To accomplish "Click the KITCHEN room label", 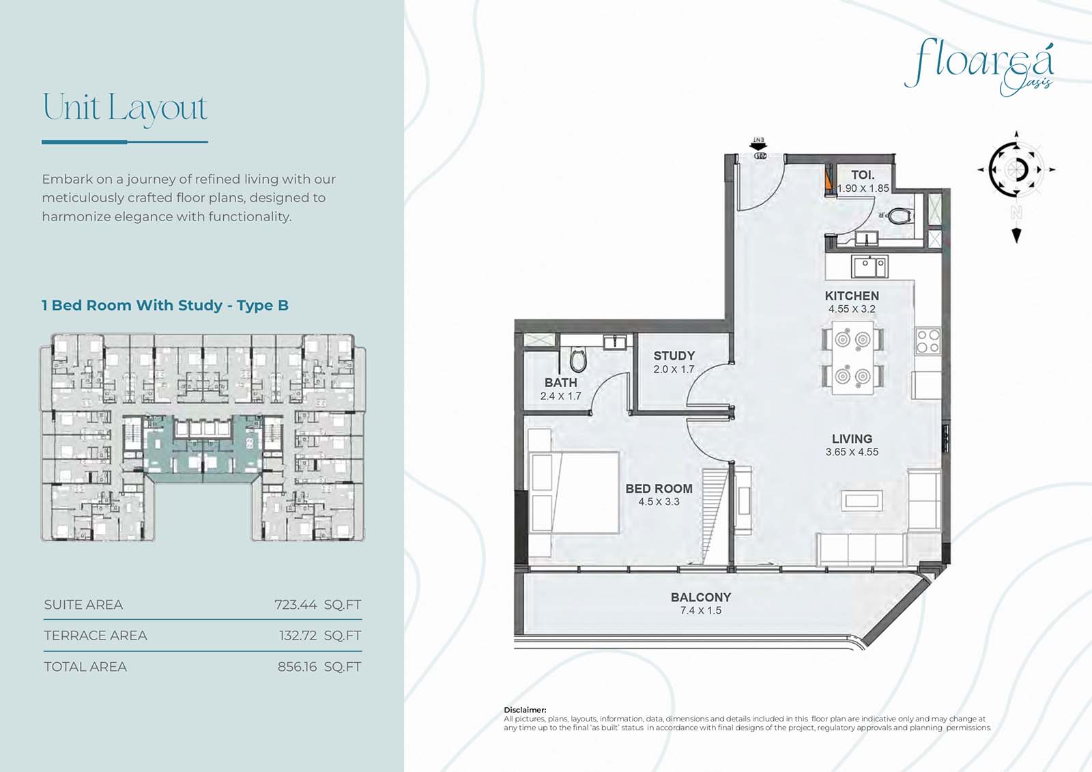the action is (852, 296).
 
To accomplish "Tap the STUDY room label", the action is (674, 356).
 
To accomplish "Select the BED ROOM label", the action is (659, 488).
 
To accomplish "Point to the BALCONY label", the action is (700, 597).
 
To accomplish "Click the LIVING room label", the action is (852, 438).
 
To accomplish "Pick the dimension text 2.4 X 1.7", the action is (560, 396).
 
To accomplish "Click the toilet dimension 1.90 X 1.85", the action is (863, 188).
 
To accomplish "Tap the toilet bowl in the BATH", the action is (578, 360).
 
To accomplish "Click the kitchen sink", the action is (870, 267).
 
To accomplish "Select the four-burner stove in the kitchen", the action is (928, 341).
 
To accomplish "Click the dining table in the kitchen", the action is (852, 358).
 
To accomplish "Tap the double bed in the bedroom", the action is (575, 492).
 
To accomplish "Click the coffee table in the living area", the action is (861, 501).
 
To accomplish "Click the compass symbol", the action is (1016, 170).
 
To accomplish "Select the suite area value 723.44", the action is (296, 605).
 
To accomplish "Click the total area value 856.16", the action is (297, 667).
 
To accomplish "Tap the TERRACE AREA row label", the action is (95, 635).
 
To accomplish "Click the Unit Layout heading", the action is (126, 107).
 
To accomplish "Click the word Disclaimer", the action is (525, 710).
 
